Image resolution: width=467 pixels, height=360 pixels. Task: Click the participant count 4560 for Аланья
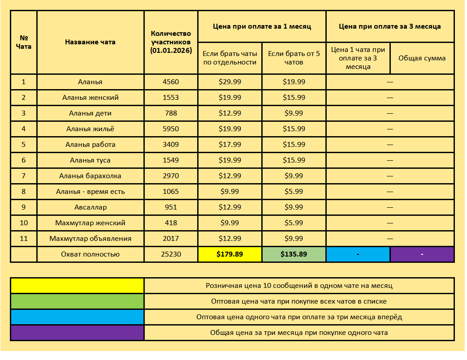click(x=171, y=82)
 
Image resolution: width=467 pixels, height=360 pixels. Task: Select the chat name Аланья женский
click(x=90, y=98)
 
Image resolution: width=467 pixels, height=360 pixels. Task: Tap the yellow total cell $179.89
click(x=229, y=254)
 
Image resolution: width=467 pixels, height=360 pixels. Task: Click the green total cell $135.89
click(x=294, y=254)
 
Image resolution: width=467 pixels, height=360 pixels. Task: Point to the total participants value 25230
click(x=171, y=254)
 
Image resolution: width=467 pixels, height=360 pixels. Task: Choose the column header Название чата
click(x=90, y=42)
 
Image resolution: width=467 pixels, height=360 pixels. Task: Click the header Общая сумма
click(x=422, y=58)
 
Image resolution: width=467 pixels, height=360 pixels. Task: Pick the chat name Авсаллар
click(x=90, y=207)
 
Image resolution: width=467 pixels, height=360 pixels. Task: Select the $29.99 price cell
click(x=229, y=82)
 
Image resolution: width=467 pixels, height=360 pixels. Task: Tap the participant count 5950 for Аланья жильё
click(x=171, y=129)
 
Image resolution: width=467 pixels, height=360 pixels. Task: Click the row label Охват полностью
click(x=90, y=254)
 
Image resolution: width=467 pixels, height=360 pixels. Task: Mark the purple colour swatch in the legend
click(x=77, y=333)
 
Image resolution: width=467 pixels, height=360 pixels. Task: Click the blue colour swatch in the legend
click(x=77, y=317)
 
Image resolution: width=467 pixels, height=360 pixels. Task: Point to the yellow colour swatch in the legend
click(x=77, y=286)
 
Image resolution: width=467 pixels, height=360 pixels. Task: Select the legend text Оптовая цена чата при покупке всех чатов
click(x=299, y=301)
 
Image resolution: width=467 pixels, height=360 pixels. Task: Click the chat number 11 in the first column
click(x=24, y=239)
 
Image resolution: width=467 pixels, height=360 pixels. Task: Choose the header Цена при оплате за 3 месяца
click(x=389, y=26)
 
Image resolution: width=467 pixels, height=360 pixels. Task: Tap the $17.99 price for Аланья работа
click(x=229, y=145)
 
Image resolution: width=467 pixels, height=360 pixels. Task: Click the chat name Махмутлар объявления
click(x=90, y=239)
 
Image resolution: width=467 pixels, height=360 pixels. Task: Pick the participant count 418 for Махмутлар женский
click(x=171, y=223)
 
